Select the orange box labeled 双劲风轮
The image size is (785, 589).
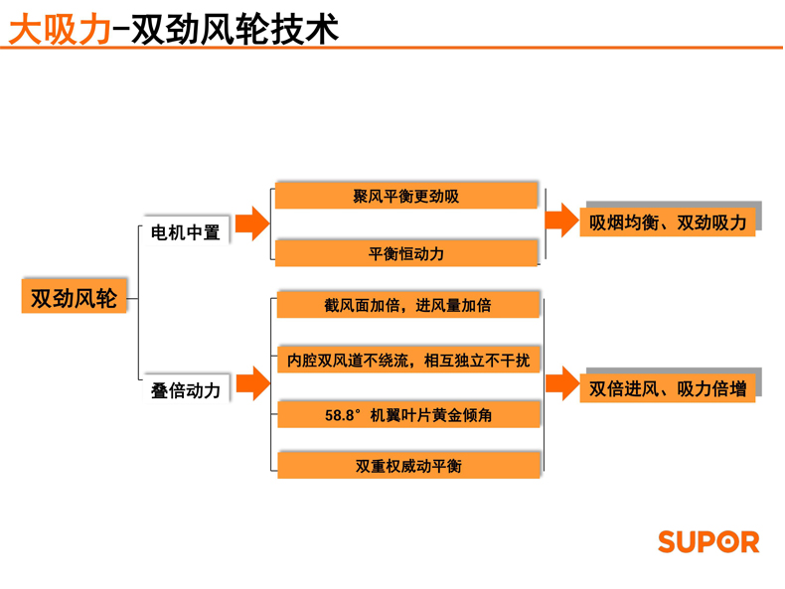(74, 297)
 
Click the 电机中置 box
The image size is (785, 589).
(185, 232)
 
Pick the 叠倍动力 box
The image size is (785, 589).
(185, 390)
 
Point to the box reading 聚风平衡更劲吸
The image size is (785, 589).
(406, 197)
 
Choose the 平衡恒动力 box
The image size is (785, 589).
(406, 253)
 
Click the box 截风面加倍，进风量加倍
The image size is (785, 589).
(407, 305)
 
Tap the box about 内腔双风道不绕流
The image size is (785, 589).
(407, 360)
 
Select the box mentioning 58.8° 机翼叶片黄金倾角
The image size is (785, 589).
(407, 415)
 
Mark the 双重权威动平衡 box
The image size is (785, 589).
(407, 465)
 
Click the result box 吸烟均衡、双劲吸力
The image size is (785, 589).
(668, 222)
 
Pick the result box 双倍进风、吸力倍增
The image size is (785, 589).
(668, 388)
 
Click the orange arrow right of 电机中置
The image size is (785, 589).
(252, 223)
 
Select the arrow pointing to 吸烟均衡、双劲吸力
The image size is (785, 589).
(562, 221)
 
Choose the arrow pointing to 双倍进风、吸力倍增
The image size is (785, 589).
(562, 383)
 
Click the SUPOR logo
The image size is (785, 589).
(707, 541)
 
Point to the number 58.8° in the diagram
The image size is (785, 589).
(341, 415)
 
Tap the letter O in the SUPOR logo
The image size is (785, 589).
(724, 541)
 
